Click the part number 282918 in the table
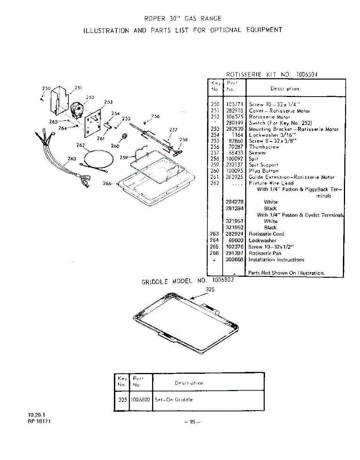pyautogui.click(x=235, y=111)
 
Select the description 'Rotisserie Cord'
pyautogui.click(x=267, y=234)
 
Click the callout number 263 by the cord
pyautogui.click(x=72, y=158)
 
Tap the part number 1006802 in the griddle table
pyautogui.click(x=141, y=399)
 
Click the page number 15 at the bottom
pyautogui.click(x=192, y=422)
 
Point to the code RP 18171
pyautogui.click(x=40, y=421)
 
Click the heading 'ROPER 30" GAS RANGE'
pyautogui.click(x=183, y=18)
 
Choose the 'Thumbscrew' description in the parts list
pyautogui.click(x=264, y=147)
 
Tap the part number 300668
pyautogui.click(x=235, y=260)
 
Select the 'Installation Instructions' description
pyautogui.click(x=276, y=260)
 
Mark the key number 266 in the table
pyautogui.click(x=214, y=253)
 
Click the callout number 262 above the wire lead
pyautogui.click(x=80, y=145)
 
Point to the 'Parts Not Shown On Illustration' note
pyautogui.click(x=286, y=273)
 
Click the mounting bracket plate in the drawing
pyautogui.click(x=92, y=123)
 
